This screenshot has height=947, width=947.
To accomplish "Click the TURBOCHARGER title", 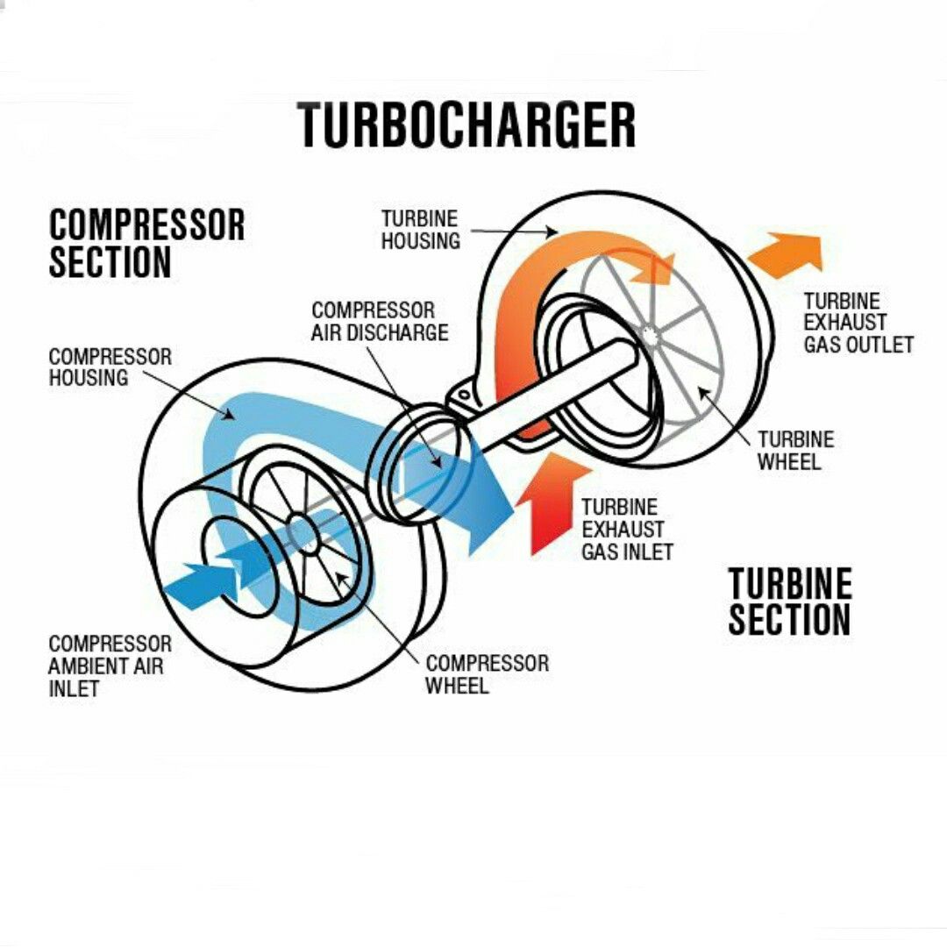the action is coord(466,125).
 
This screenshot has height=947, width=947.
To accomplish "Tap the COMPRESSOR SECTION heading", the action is coord(146,244).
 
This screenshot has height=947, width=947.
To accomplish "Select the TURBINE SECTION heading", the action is coord(790,601).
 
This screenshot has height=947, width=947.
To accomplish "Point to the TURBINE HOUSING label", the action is coord(420,230).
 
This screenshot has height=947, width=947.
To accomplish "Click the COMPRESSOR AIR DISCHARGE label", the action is coord(380,321).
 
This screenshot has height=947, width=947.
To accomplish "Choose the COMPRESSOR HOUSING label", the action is coord(110,367).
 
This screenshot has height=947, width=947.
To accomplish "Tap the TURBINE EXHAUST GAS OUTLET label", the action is coord(858,323).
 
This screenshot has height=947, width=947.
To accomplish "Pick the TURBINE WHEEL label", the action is coord(796,451).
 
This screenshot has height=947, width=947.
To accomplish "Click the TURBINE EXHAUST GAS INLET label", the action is coord(627,529).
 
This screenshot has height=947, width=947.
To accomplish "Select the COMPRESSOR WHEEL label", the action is coord(487,674).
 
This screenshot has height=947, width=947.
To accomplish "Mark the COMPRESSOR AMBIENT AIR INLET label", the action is coord(110,666).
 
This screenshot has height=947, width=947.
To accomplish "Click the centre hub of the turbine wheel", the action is coord(649,334).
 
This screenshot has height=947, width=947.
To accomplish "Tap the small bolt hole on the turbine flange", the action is coord(463,395).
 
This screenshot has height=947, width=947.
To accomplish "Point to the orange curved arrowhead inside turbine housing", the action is coord(655,270).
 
